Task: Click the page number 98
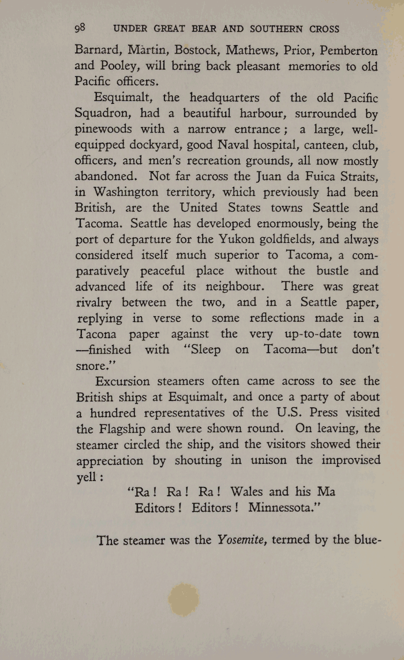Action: tap(80, 28)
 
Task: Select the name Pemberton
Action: tap(350, 50)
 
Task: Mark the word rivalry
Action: tap(96, 302)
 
